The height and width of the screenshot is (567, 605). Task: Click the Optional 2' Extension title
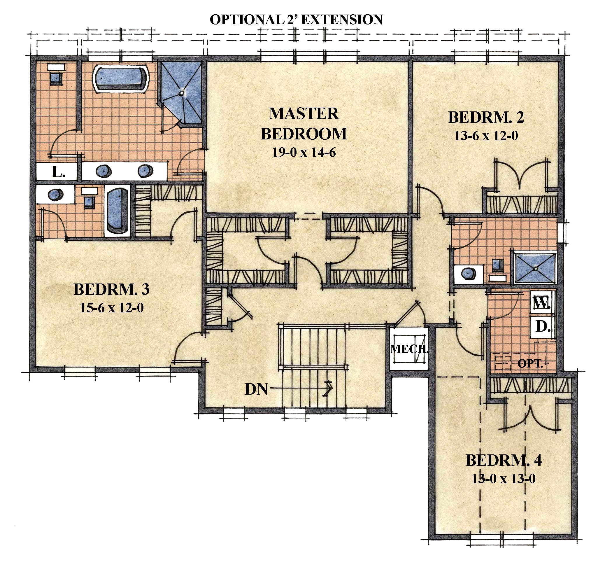pos(296,20)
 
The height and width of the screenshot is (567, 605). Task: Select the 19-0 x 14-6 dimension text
pos(304,152)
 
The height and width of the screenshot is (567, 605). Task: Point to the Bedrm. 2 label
pos(486,118)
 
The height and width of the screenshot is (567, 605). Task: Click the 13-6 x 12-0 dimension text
pos(486,136)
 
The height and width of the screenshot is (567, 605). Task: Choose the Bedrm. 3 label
pos(112,289)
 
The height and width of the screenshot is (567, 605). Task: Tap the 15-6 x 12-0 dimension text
pos(112,308)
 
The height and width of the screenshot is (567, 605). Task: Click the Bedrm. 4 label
pos(504,461)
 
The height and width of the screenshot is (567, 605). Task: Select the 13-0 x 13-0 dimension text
pos(504,479)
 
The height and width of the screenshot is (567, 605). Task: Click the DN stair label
pos(256,389)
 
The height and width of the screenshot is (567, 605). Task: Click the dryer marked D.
pos(543,327)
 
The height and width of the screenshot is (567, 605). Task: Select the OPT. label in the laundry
pos(530,364)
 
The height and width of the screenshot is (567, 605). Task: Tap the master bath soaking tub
pos(121,78)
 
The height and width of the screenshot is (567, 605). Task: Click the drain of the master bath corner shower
pos(182,94)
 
